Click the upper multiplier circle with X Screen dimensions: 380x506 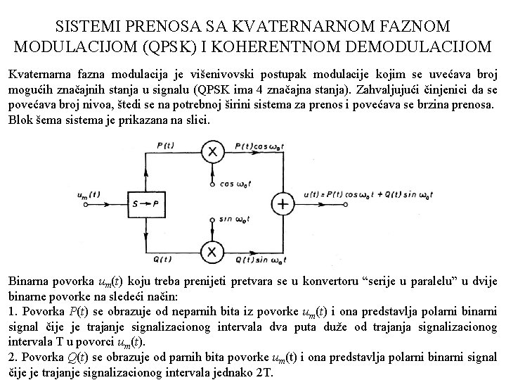coord(209,152)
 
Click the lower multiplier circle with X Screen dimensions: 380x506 coord(209,251)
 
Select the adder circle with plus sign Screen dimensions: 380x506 coord(283,204)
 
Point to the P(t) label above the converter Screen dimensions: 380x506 coord(167,146)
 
